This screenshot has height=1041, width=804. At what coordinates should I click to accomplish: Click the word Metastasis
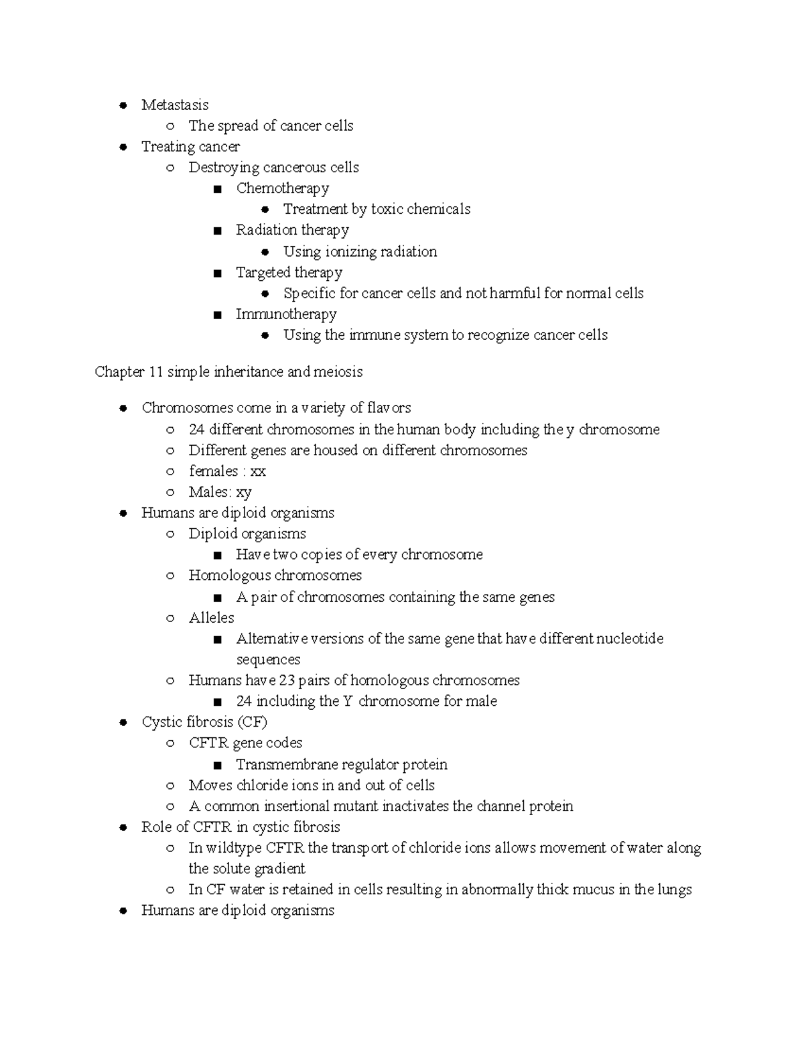click(175, 105)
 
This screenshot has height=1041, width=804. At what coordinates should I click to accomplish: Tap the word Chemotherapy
click(282, 188)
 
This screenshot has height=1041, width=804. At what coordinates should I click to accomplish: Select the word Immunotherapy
click(286, 314)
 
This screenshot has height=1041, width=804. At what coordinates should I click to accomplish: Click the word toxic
click(387, 210)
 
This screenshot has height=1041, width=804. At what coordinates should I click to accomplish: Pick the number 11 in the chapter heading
click(156, 372)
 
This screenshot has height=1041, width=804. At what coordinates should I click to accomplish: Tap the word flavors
click(389, 408)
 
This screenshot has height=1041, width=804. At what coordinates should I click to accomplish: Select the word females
click(213, 471)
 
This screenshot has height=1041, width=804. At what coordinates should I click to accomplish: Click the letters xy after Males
click(244, 493)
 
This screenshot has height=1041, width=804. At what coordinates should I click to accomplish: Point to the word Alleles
click(212, 618)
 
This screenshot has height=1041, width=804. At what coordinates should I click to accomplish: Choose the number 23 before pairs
click(287, 681)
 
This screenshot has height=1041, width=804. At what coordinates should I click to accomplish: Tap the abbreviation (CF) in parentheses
click(252, 723)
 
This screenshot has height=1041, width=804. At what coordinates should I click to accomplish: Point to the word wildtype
click(234, 848)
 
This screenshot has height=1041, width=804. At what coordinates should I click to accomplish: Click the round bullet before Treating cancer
click(123, 147)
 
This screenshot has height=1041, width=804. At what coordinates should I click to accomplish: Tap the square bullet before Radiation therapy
click(217, 231)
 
